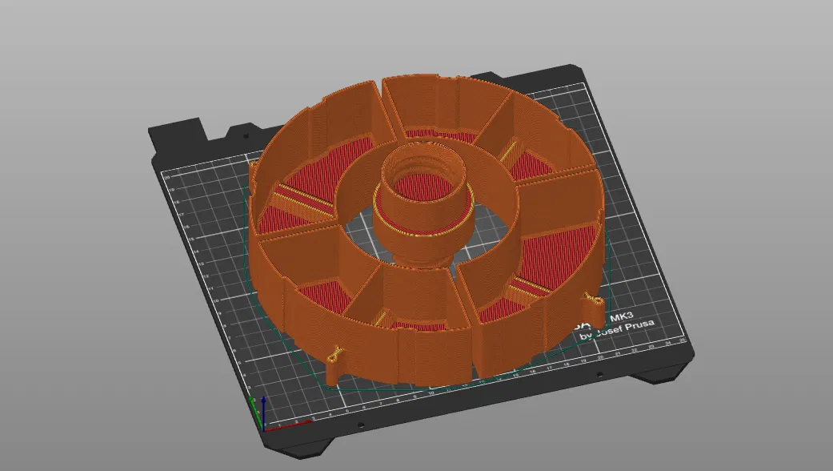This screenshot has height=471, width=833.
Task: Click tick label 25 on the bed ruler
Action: [x=683, y=340]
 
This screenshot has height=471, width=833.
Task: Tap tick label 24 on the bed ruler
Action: [x=668, y=344]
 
